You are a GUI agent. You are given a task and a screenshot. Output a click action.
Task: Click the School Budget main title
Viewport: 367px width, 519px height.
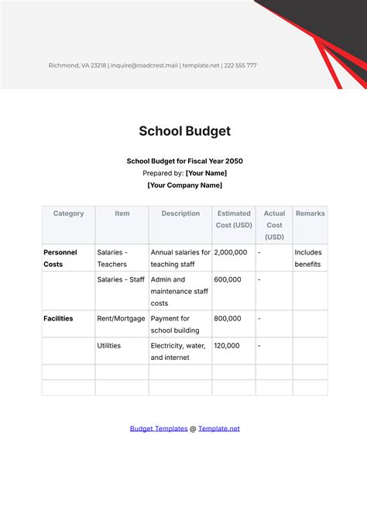(x=184, y=131)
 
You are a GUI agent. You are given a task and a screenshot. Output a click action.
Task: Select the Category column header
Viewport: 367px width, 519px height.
(x=68, y=213)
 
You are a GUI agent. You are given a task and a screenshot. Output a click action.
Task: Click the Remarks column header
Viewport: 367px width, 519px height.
(x=310, y=213)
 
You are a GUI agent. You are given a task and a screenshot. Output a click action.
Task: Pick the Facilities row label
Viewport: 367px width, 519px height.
(x=59, y=318)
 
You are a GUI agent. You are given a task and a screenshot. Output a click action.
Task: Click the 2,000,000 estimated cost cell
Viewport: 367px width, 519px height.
(x=231, y=252)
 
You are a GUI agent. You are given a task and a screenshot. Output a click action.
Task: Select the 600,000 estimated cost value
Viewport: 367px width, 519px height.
(x=228, y=279)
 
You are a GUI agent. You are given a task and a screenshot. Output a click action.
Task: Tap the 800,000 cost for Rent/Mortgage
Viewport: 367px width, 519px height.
(x=228, y=318)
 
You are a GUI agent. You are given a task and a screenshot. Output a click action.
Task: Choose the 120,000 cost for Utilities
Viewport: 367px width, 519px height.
(x=228, y=345)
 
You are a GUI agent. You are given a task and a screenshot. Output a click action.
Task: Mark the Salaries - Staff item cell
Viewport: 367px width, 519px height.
(x=121, y=279)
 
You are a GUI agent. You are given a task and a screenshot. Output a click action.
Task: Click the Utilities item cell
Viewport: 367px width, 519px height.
(x=109, y=345)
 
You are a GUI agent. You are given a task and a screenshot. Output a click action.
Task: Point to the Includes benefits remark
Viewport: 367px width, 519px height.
(x=309, y=258)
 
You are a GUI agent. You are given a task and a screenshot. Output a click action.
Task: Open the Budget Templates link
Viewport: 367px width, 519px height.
(x=158, y=428)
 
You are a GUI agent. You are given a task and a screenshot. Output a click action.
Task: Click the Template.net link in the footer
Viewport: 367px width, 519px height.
(x=219, y=428)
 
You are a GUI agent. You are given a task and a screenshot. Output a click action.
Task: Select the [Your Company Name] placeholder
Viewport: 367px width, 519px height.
(x=184, y=185)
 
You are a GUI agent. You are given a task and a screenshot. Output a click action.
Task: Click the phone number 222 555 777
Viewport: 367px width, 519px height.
(x=240, y=65)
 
